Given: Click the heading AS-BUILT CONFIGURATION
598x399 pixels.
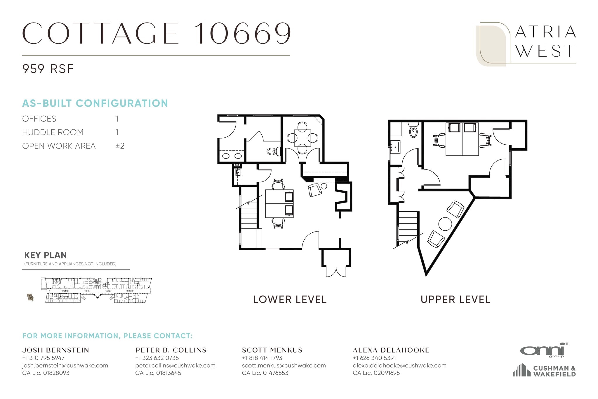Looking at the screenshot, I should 95,103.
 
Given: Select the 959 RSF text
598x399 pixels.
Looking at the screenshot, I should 48,69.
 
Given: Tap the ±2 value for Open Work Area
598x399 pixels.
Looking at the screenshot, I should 120,146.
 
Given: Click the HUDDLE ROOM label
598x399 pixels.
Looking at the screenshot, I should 53,132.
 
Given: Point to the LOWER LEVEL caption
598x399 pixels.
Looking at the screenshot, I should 290,300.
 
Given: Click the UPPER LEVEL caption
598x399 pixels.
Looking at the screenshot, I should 455,300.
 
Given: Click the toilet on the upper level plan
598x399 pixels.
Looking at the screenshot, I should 413,131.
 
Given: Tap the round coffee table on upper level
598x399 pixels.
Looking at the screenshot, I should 445,224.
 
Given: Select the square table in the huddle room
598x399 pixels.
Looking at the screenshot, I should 302,138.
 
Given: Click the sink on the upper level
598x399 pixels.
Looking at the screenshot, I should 396,147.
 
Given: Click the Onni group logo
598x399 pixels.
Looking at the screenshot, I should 544,350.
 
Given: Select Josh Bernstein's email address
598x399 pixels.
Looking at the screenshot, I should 65,365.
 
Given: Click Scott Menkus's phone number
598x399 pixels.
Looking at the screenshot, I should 262,358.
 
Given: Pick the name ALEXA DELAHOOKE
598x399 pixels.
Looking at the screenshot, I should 391,350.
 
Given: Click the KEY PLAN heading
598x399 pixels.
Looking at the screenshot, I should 46,255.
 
